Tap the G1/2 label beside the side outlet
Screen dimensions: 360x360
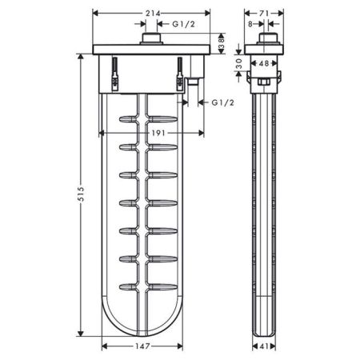222,103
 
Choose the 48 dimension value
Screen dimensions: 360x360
263,62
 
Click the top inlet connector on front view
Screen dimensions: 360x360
150,41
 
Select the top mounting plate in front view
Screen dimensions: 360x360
152,51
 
